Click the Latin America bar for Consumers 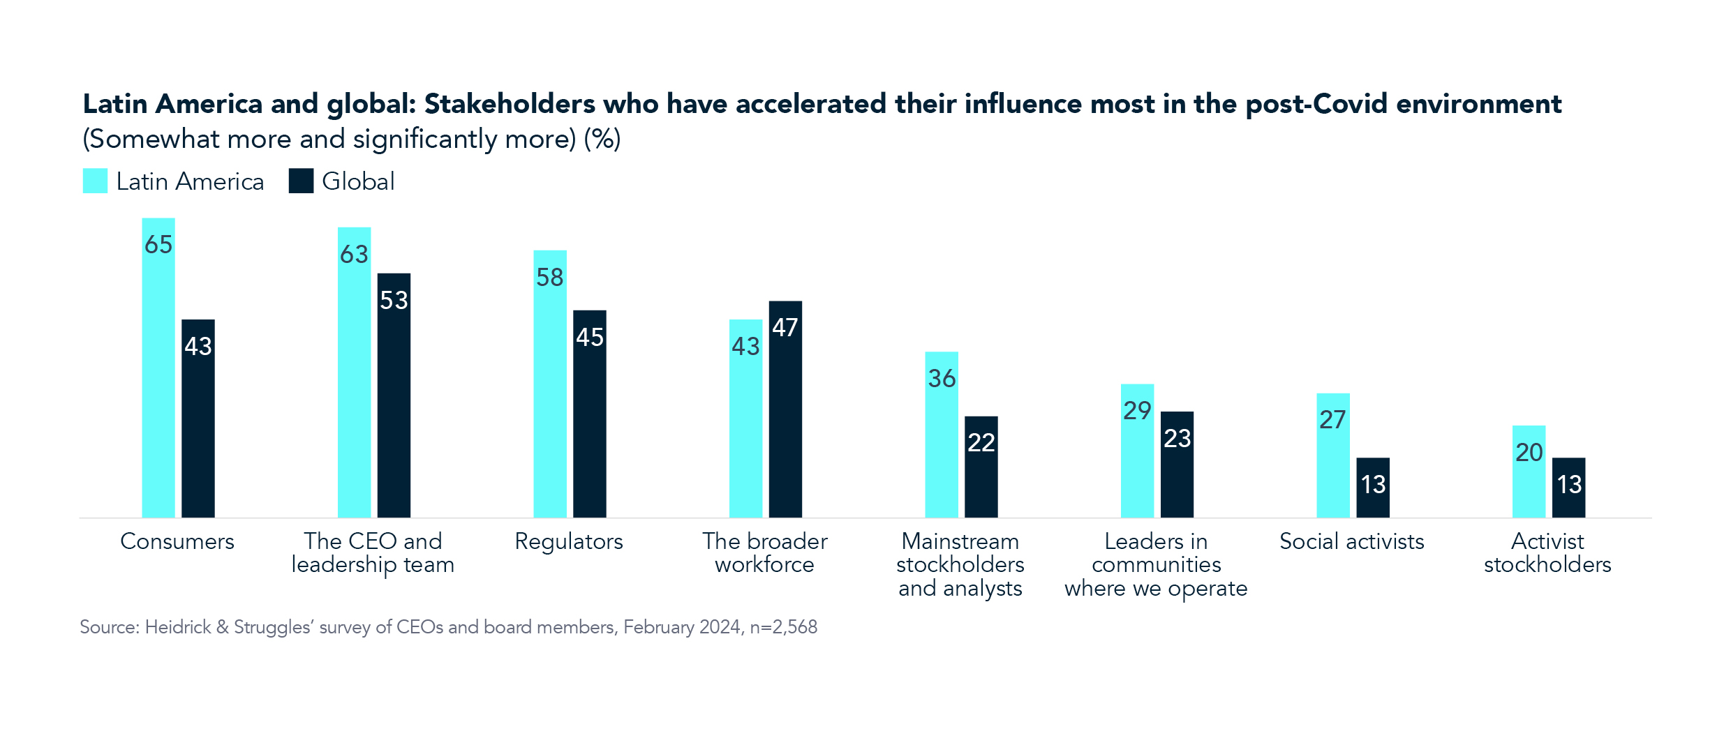(x=158, y=377)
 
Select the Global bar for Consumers (x=198, y=426)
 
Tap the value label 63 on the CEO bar (x=354, y=255)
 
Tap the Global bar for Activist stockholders (x=1569, y=495)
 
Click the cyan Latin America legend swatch (x=95, y=181)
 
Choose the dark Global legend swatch (x=301, y=181)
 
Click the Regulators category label (x=569, y=542)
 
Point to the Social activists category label (x=1351, y=542)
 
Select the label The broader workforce (x=765, y=553)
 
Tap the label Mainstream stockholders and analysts (x=960, y=565)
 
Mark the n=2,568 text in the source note (x=783, y=627)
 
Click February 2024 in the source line (x=682, y=627)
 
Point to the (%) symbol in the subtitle (x=602, y=140)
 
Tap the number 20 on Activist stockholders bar (x=1529, y=453)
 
